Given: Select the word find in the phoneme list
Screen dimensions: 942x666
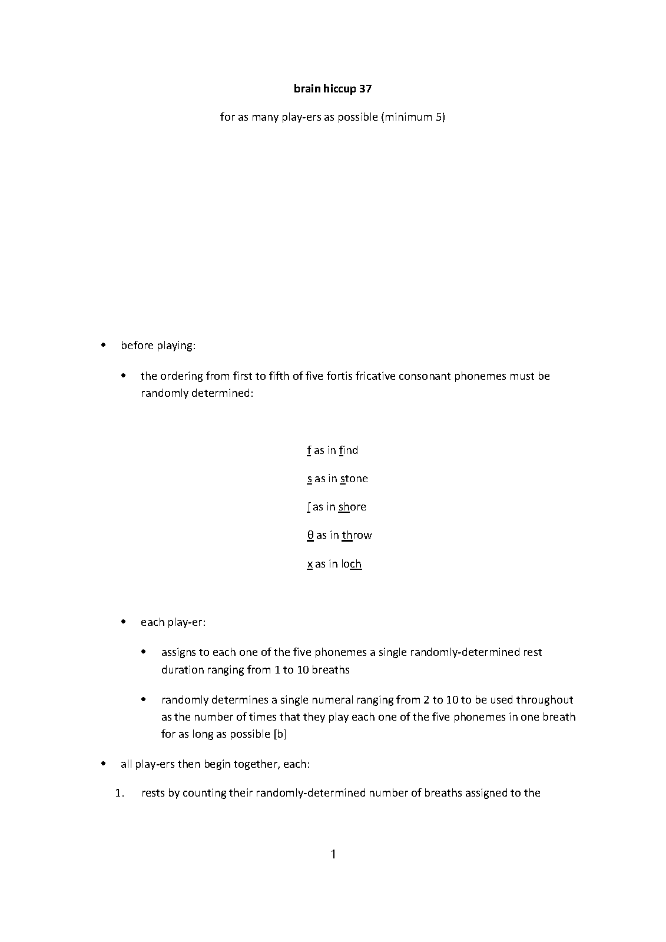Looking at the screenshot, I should pos(349,450).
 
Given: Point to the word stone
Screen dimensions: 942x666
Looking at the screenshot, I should pos(354,479).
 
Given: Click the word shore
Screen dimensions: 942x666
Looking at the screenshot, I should pos(352,507).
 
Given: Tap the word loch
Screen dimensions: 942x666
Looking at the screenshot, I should pos(352,564).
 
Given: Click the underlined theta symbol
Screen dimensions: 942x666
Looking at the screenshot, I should pos(310,535).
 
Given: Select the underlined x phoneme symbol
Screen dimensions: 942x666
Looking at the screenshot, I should pos(310,564).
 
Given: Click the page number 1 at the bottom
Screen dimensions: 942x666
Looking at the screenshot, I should pos(333,854).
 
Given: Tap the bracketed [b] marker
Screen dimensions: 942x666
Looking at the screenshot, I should pos(280,734).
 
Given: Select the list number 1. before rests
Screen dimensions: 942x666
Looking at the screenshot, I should pos(120,792).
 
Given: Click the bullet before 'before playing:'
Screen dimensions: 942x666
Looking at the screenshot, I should pos(104,345).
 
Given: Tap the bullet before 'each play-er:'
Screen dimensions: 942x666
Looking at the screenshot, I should pos(124,622).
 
